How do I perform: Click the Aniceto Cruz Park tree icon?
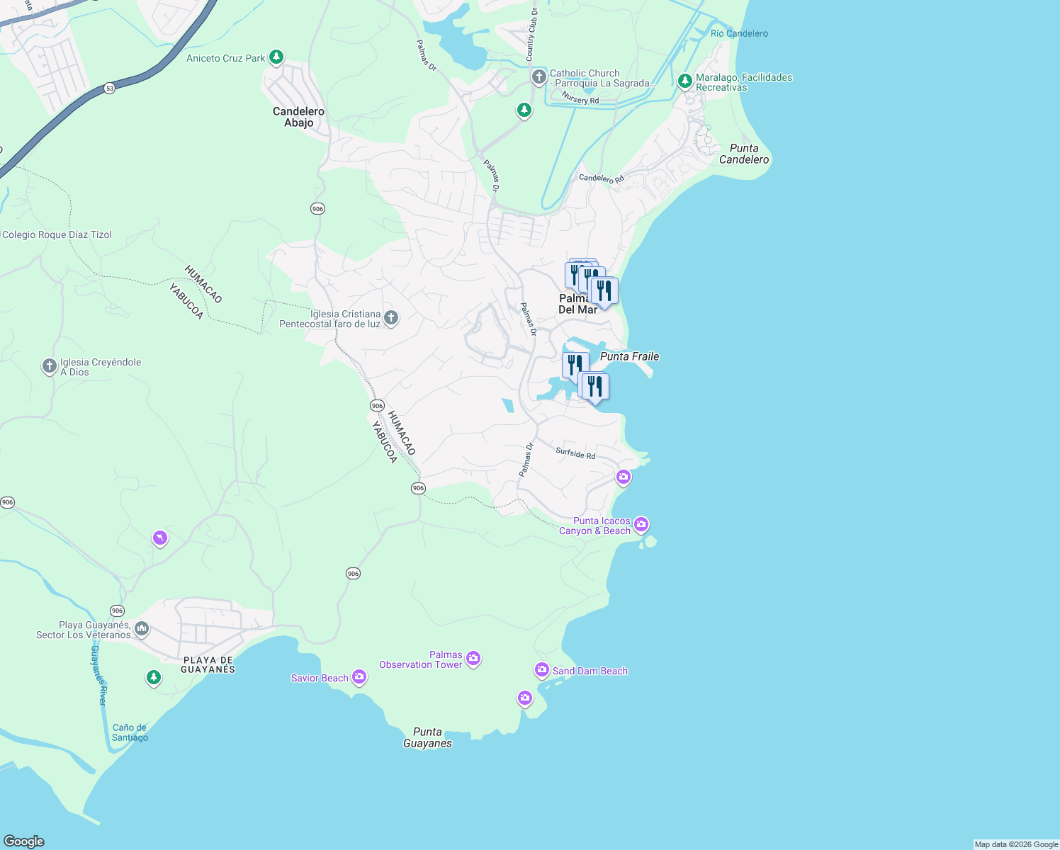pos(276,57)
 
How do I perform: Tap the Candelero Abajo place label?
pos(298,117)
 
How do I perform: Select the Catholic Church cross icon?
pos(539,77)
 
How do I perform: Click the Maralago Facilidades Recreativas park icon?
pos(684,81)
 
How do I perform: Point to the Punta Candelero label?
pos(744,154)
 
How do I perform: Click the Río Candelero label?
pos(739,33)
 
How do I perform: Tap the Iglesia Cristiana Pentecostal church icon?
pos(390,319)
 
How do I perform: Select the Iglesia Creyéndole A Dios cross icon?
pos(49,366)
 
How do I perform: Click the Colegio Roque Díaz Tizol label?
pos(57,234)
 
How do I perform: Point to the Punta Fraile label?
pos(629,356)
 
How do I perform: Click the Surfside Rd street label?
pos(575,453)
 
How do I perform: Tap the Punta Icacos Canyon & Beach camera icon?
pos(641,525)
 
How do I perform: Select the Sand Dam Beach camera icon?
pos(542,670)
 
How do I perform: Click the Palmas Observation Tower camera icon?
pos(473,659)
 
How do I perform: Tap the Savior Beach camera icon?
pos(359,678)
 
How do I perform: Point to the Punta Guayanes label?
pos(427,737)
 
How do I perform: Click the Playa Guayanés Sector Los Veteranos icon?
pos(142,629)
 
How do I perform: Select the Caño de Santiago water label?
pos(130,732)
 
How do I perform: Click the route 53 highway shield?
pos(108,89)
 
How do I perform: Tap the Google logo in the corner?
pos(24,841)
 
